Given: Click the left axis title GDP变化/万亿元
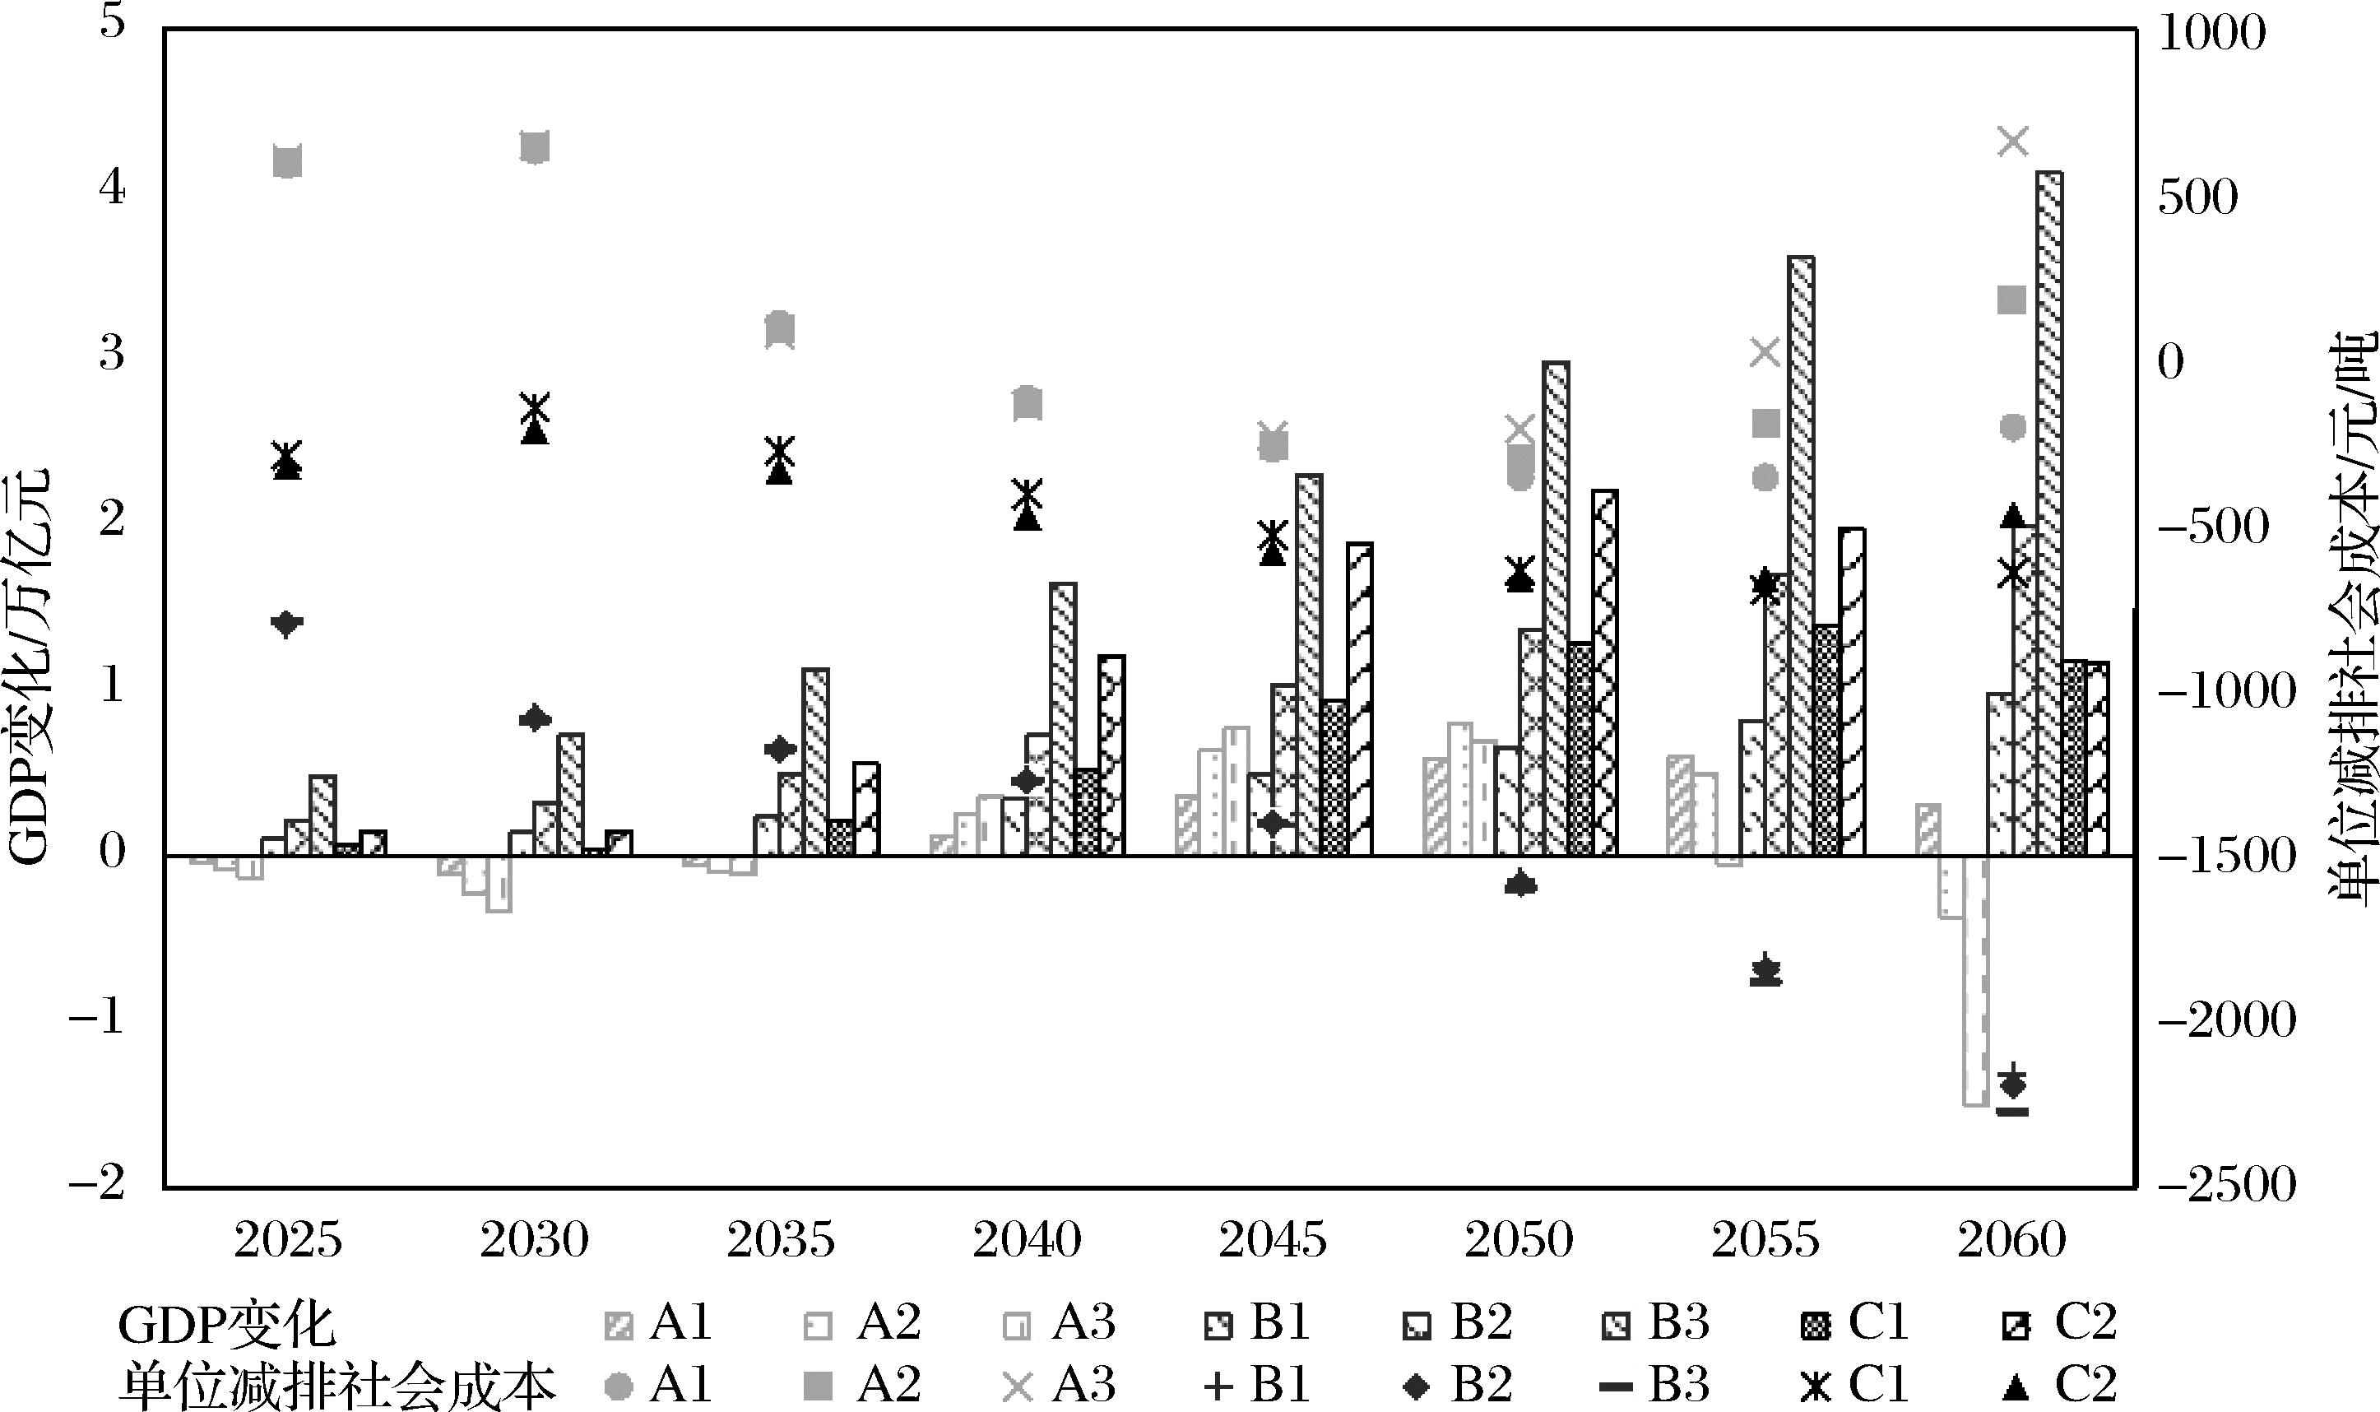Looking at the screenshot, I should (x=29, y=666).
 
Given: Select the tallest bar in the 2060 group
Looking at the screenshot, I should (x=2049, y=513).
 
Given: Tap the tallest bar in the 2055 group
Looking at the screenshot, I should (x=1801, y=555).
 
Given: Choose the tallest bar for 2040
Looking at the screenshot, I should (x=1063, y=718).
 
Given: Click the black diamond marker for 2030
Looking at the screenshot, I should (x=535, y=718).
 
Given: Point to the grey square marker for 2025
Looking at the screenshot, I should (x=287, y=163).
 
